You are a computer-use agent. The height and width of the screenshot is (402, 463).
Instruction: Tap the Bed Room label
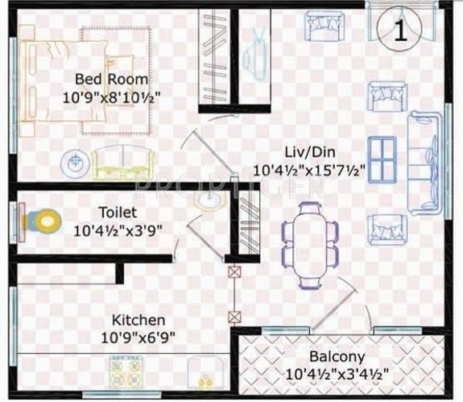(111, 79)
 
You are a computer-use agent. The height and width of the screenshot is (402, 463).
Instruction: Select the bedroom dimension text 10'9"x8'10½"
(113, 96)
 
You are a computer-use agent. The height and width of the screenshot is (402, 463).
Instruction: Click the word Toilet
(118, 213)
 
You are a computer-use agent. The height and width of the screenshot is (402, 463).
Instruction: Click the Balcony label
(337, 357)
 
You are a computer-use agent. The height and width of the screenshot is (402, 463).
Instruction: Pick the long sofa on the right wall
(424, 161)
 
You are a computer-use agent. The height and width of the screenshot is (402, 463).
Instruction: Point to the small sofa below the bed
(121, 163)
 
